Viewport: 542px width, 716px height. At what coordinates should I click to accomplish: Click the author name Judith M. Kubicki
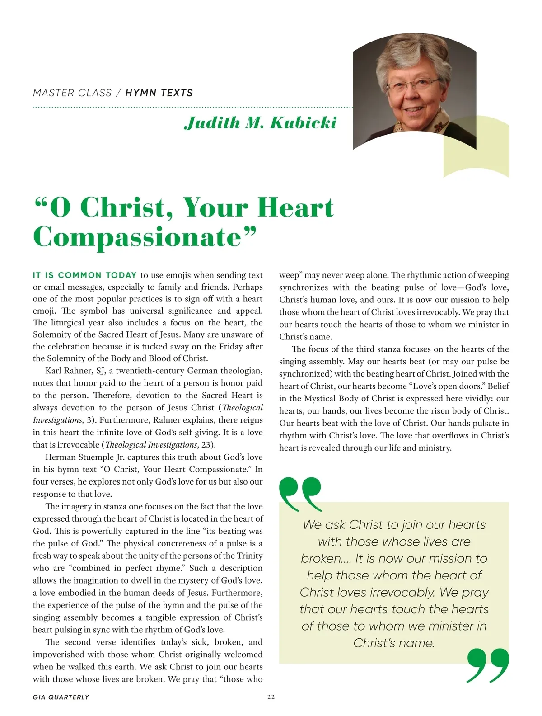coord(260,123)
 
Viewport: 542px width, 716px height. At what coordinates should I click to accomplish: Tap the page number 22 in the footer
coord(271,697)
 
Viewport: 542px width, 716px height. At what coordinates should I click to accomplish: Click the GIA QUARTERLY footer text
coord(61,697)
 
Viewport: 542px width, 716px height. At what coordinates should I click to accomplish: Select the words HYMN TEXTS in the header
coord(159,93)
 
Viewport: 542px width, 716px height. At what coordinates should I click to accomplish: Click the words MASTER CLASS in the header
coord(72,93)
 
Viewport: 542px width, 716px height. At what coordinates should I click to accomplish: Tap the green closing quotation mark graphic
coord(488,665)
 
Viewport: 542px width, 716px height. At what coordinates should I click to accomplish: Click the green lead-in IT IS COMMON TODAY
coord(85,275)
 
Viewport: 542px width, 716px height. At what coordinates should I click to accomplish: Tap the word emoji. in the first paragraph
coord(45,311)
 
